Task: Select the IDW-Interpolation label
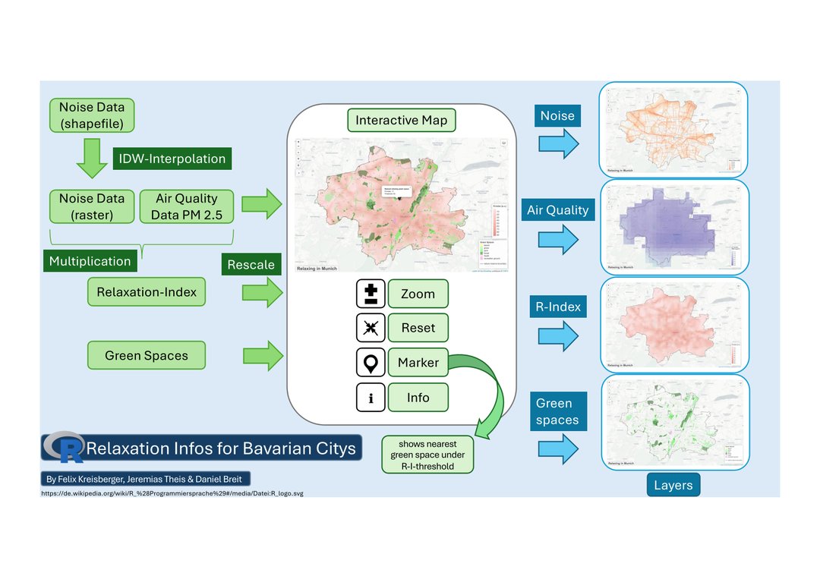[x=172, y=159]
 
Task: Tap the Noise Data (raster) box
[x=91, y=206]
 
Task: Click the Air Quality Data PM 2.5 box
[x=186, y=206]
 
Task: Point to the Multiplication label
[x=90, y=261]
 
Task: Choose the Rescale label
[x=251, y=265]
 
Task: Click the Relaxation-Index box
[x=147, y=292]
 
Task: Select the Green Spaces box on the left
[x=147, y=355]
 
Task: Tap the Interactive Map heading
[x=401, y=120]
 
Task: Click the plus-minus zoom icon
[x=371, y=294]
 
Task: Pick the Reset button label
[x=418, y=328]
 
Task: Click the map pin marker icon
[x=371, y=363]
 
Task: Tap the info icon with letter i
[x=371, y=398]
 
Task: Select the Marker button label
[x=418, y=363]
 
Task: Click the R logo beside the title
[x=65, y=448]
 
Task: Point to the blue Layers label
[x=673, y=485]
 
